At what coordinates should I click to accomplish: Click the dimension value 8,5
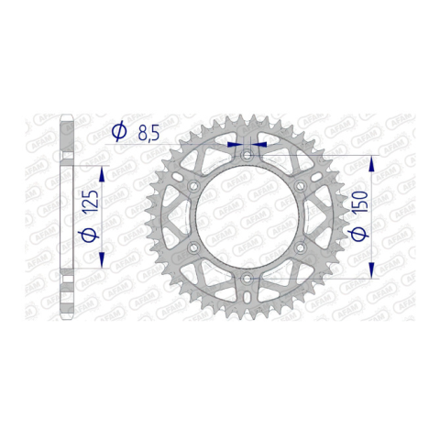click(148, 133)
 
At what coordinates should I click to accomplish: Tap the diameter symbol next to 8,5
click(118, 131)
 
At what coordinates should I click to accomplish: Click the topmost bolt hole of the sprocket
click(247, 156)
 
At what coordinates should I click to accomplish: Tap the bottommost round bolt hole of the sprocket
click(247, 279)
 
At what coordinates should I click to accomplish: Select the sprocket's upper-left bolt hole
click(193, 186)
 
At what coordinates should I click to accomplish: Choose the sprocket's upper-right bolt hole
click(300, 186)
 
